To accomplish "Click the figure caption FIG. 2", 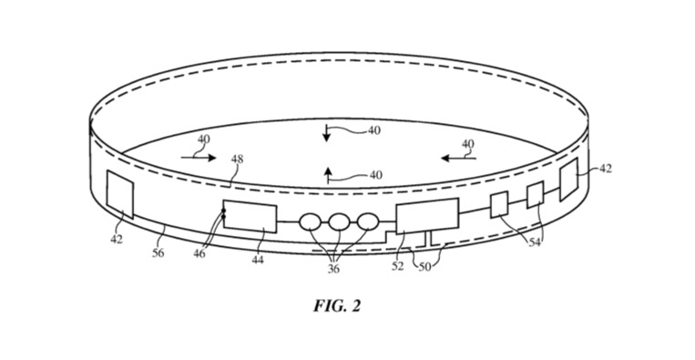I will [337, 306].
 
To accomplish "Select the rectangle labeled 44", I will [250, 217].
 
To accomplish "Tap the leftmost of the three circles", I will [311, 221].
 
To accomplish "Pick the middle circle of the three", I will [340, 221].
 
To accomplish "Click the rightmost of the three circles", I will [367, 221].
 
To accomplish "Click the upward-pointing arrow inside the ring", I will [327, 176].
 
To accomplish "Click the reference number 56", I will [158, 252].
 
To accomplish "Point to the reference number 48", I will [237, 159].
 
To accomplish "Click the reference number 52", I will [397, 265].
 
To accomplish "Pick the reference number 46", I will [199, 252].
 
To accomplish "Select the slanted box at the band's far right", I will [569, 178].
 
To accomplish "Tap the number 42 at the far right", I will [604, 169].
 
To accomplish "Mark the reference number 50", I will [425, 265].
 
